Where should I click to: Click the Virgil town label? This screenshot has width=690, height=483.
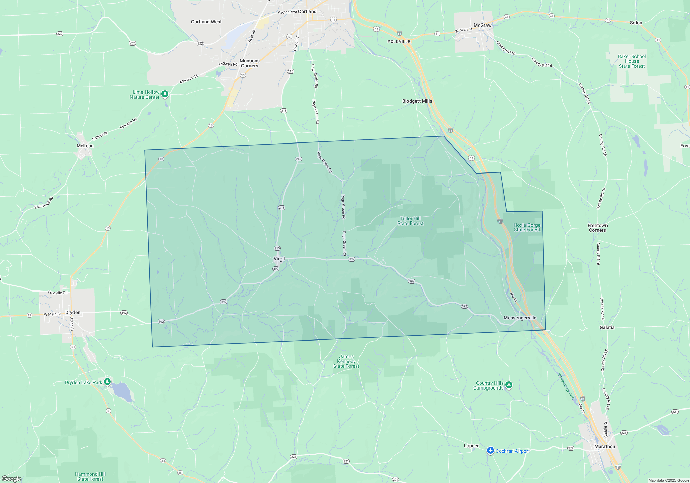pyautogui.click(x=279, y=259)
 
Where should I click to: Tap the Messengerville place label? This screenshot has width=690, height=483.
pyautogui.click(x=520, y=318)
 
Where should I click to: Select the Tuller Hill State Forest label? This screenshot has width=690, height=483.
pyautogui.click(x=410, y=221)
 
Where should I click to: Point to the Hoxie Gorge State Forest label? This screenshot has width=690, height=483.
pyautogui.click(x=527, y=227)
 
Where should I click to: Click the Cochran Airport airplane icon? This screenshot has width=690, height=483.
pyautogui.click(x=490, y=450)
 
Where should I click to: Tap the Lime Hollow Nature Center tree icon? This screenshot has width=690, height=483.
pyautogui.click(x=165, y=94)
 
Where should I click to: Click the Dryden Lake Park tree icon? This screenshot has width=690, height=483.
pyautogui.click(x=107, y=382)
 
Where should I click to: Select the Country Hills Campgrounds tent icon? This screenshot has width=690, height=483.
pyautogui.click(x=509, y=385)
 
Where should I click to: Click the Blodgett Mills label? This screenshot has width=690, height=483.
pyautogui.click(x=417, y=101)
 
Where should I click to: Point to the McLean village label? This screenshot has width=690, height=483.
pyautogui.click(x=85, y=146)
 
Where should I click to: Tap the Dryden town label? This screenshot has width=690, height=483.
pyautogui.click(x=73, y=312)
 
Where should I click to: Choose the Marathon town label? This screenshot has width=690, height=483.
pyautogui.click(x=604, y=446)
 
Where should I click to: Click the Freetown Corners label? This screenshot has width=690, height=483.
pyautogui.click(x=598, y=228)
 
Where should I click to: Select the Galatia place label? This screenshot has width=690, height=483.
pyautogui.click(x=607, y=327)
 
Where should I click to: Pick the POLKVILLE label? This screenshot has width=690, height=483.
pyautogui.click(x=399, y=42)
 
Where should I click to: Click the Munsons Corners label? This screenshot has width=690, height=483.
pyautogui.click(x=250, y=63)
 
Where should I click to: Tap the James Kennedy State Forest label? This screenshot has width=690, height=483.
pyautogui.click(x=346, y=361)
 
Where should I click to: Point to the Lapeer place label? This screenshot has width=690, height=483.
pyautogui.click(x=471, y=446)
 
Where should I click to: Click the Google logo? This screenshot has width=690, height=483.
pyautogui.click(x=12, y=479)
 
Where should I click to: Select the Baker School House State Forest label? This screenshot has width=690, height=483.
pyautogui.click(x=632, y=61)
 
